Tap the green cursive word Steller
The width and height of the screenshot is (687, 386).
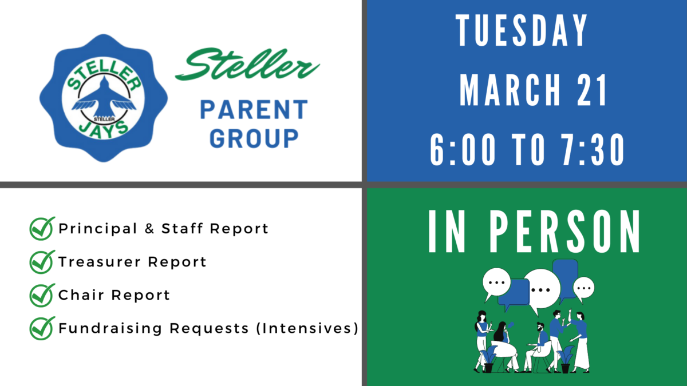[x=247, y=64]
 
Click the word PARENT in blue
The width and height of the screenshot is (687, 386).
[x=254, y=109]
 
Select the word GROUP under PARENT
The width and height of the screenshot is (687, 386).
[x=254, y=138]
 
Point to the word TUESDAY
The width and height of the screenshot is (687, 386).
[x=522, y=30]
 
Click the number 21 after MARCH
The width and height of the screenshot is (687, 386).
[x=591, y=90]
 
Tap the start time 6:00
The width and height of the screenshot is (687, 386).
[x=463, y=150]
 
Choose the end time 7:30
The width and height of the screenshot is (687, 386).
[x=593, y=150]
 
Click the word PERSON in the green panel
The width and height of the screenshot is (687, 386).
[x=564, y=231]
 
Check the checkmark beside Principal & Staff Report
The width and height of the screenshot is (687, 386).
[x=42, y=228]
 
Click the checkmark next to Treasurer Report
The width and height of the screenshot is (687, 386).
[x=42, y=262]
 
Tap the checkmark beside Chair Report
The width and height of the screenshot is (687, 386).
[x=42, y=295]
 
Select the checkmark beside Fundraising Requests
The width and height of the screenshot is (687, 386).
[x=42, y=328]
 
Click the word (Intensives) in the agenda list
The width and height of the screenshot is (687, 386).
[x=307, y=328]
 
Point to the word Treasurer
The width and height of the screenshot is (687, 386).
[x=100, y=262]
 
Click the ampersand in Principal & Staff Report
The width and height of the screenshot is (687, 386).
[x=149, y=229]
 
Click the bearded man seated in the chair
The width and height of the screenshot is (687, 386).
[x=536, y=347]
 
